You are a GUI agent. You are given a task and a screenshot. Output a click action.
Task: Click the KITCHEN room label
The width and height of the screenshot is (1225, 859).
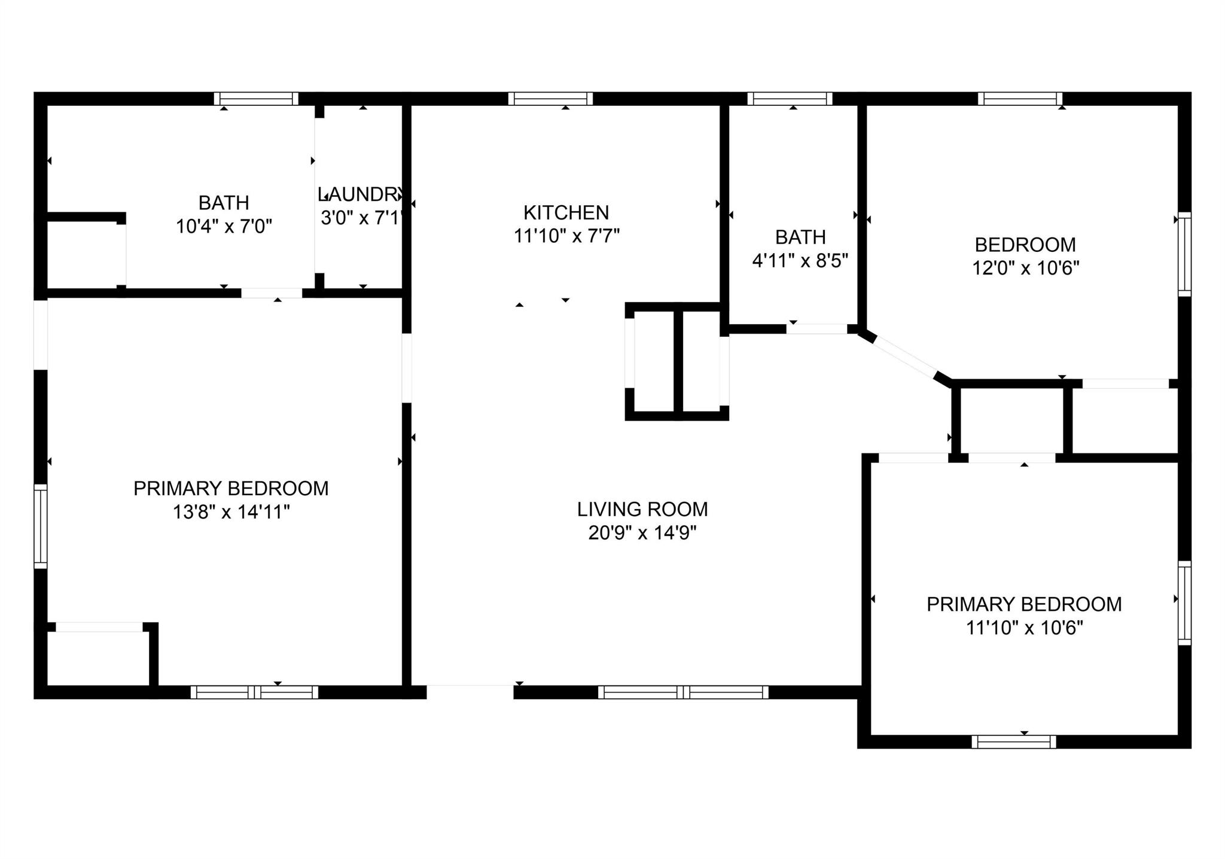click(566, 212)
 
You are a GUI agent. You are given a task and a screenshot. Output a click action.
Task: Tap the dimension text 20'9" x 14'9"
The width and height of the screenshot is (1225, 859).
click(642, 532)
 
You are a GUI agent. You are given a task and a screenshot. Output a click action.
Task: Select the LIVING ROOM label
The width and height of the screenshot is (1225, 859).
click(642, 509)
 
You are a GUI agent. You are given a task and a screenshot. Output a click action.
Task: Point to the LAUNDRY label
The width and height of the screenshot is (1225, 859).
click(361, 194)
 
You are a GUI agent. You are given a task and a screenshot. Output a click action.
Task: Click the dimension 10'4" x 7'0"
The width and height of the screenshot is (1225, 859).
click(224, 227)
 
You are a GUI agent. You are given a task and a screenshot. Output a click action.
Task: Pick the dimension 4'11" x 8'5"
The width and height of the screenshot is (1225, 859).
click(800, 261)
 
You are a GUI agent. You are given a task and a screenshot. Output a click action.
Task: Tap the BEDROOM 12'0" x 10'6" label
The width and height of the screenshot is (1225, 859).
click(1025, 245)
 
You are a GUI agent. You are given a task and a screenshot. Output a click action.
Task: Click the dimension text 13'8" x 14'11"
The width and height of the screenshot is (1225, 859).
click(231, 512)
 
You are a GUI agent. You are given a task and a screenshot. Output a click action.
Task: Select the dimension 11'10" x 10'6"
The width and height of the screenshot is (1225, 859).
click(1025, 628)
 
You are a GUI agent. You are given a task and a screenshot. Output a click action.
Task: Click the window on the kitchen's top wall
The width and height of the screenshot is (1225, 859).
click(550, 99)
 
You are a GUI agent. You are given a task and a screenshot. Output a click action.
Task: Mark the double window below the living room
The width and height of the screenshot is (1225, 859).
click(683, 692)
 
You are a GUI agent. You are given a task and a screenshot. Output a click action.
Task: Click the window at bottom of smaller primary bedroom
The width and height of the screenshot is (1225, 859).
click(1013, 742)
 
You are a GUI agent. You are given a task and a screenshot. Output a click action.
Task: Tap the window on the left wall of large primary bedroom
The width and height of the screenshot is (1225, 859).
click(40, 526)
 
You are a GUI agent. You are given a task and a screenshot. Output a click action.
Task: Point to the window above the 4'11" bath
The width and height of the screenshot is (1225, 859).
click(790, 99)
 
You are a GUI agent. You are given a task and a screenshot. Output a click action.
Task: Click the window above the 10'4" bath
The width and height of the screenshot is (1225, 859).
click(256, 99)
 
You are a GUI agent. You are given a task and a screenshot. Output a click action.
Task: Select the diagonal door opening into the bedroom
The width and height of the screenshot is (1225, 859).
click(904, 357)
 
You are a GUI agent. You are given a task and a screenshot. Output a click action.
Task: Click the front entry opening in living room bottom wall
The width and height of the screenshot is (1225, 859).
click(470, 692)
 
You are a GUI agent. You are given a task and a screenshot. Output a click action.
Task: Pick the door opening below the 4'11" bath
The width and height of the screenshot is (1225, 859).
click(816, 329)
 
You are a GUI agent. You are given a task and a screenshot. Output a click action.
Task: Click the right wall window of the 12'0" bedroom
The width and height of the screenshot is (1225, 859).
click(1184, 254)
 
